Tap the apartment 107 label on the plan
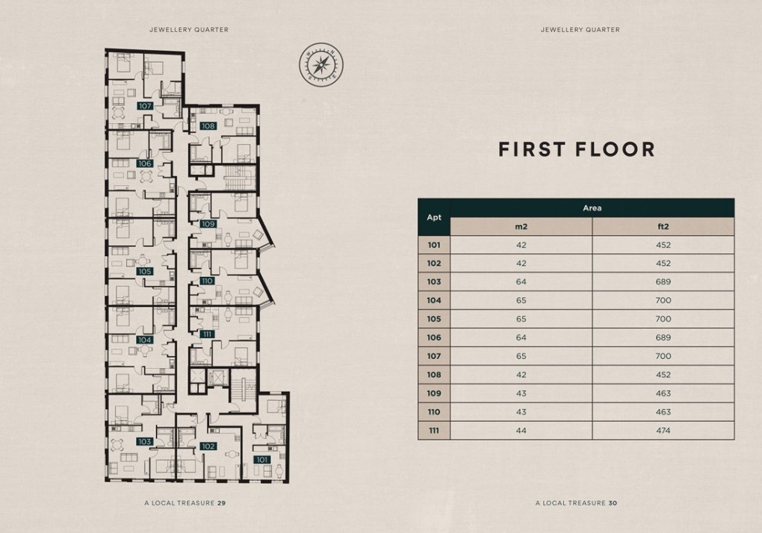pyautogui.click(x=145, y=106)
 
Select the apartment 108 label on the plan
pyautogui.click(x=208, y=126)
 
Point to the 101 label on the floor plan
pyautogui.click(x=261, y=459)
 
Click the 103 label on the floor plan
pyautogui.click(x=145, y=442)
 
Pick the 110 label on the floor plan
pyautogui.click(x=208, y=281)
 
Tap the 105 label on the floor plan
pyautogui.click(x=145, y=271)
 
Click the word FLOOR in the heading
pyautogui.click(x=615, y=149)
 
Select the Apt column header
pyautogui.click(x=434, y=217)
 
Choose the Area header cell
pyautogui.click(x=592, y=208)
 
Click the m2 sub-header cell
pyautogui.click(x=521, y=227)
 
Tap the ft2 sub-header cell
pyautogui.click(x=663, y=227)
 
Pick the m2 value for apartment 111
pyautogui.click(x=521, y=431)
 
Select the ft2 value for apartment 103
pyautogui.click(x=663, y=282)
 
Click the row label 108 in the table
pyautogui.click(x=434, y=375)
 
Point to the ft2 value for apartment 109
pyautogui.click(x=663, y=393)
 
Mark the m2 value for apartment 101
pyautogui.click(x=521, y=245)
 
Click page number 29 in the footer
pyautogui.click(x=221, y=503)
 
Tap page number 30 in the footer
pyautogui.click(x=613, y=503)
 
